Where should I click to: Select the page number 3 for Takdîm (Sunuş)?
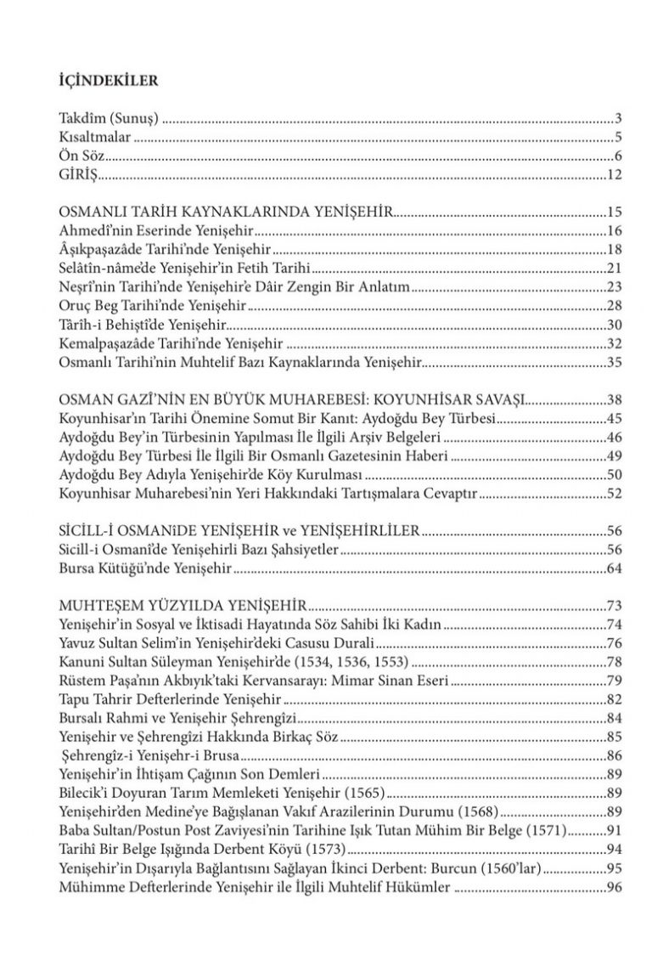[x=621, y=117]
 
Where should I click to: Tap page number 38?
[x=616, y=399]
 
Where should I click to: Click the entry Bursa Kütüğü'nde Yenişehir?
[x=145, y=569]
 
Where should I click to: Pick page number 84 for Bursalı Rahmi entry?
[x=616, y=719]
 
